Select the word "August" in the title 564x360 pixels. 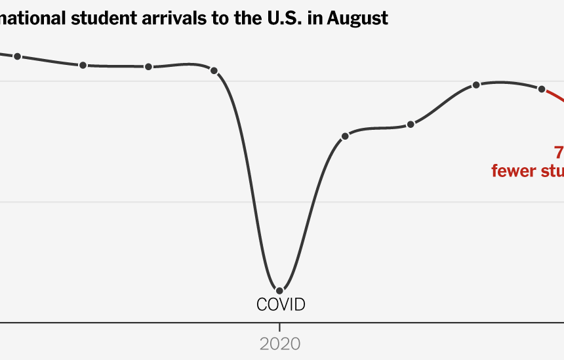pyautogui.click(x=358, y=19)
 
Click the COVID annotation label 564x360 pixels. pyautogui.click(x=281, y=304)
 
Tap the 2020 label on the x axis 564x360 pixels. pyautogui.click(x=280, y=344)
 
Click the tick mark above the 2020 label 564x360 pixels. pyautogui.click(x=280, y=327)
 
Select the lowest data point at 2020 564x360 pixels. pyautogui.click(x=280, y=290)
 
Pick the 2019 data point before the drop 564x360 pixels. pyautogui.click(x=214, y=70)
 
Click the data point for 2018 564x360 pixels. pyautogui.click(x=149, y=66)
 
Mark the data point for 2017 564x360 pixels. pyautogui.click(x=83, y=65)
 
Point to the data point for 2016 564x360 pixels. pyautogui.click(x=18, y=56)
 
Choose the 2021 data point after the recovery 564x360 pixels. pyautogui.click(x=346, y=136)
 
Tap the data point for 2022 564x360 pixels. pyautogui.click(x=411, y=124)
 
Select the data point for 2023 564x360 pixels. pyautogui.click(x=477, y=85)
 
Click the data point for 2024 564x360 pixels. pyautogui.click(x=542, y=89)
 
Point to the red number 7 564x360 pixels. pyautogui.click(x=559, y=153)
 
